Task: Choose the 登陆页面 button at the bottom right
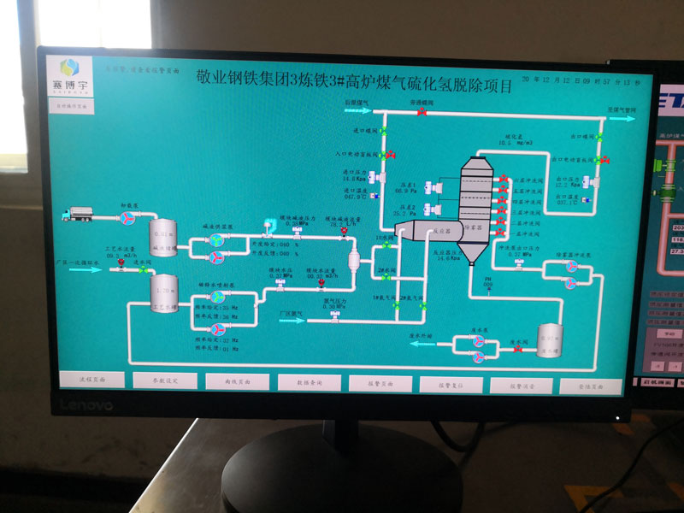pyautogui.click(x=590, y=386)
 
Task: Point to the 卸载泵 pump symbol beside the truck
pyautogui.click(x=127, y=219)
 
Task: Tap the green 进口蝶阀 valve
pyautogui.click(x=383, y=130)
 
